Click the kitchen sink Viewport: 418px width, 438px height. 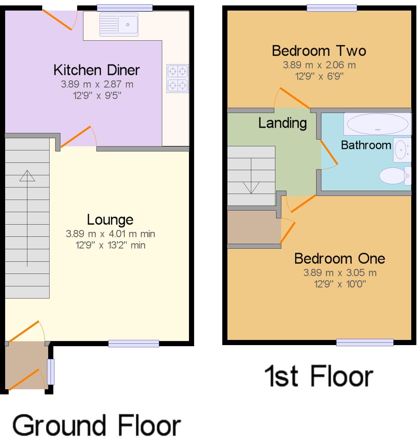(119, 25)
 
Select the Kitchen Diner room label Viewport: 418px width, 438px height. (96, 70)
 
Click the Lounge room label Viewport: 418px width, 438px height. (110, 220)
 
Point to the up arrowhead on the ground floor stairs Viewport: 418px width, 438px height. (27, 176)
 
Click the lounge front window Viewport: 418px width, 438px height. (133, 343)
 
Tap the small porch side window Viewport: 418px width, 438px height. (51, 372)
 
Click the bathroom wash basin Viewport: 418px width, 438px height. (402, 150)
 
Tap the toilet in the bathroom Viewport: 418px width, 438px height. (394, 176)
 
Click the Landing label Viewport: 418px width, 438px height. (282, 123)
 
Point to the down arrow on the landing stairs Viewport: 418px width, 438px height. (251, 187)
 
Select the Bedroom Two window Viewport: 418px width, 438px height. (332, 8)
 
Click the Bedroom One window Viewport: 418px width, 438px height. (365, 342)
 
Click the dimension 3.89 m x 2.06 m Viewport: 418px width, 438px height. (319, 65)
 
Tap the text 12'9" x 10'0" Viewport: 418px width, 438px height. (340, 284)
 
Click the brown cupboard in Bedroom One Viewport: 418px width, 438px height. (254, 227)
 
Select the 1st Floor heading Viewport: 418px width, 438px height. (319, 376)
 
